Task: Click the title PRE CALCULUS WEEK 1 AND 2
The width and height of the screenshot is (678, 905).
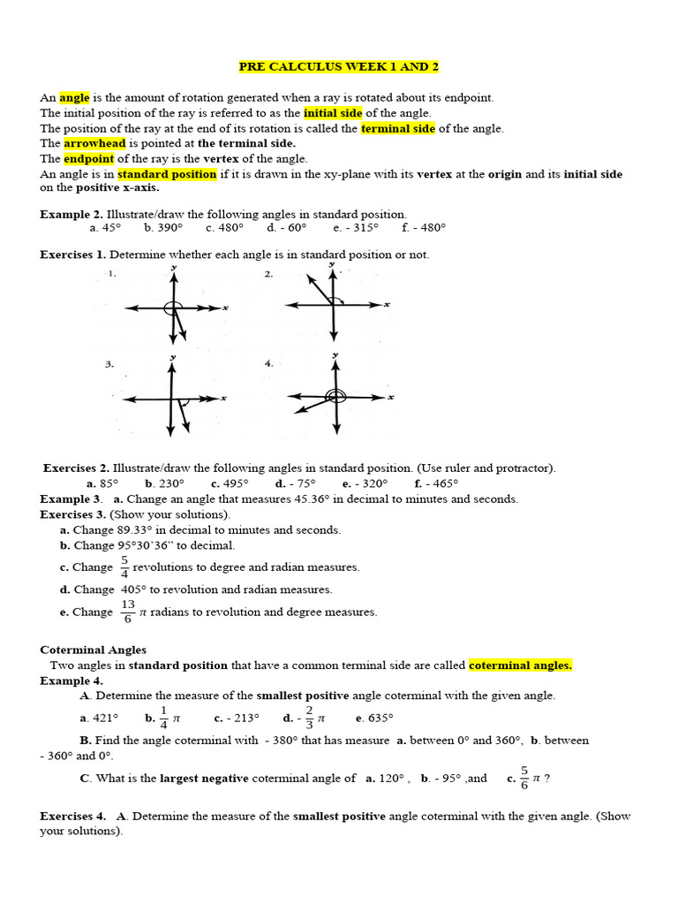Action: tap(339, 67)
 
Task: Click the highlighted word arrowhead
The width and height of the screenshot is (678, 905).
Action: tap(94, 143)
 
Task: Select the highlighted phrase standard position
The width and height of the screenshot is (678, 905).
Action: tap(167, 174)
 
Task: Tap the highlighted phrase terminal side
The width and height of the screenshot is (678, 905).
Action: tap(398, 128)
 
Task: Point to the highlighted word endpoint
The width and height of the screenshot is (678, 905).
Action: tap(88, 159)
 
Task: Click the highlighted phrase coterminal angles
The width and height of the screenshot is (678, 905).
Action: tap(520, 665)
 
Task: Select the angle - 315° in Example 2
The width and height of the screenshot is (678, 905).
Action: tap(356, 227)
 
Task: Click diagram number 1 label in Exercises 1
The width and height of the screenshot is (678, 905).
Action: tap(112, 275)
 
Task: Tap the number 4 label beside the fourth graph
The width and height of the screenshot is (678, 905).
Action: tap(268, 363)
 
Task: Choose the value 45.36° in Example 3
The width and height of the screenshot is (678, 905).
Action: tap(309, 498)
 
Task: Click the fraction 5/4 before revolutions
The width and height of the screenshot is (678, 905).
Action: tap(124, 567)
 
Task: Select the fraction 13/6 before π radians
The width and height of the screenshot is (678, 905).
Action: tap(128, 612)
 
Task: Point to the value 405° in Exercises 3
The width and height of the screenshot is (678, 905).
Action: tap(132, 589)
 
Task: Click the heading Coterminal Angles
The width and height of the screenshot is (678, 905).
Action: tap(94, 650)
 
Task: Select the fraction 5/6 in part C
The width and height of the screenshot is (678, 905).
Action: tap(524, 778)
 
